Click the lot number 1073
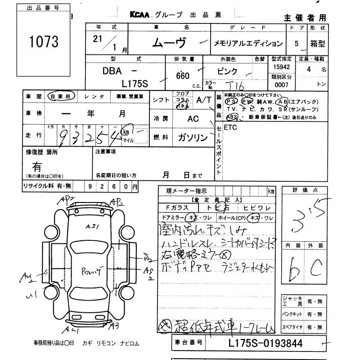tap(44, 42)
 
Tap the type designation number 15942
tap(281, 67)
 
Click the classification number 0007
tap(281, 85)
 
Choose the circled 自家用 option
tap(60, 96)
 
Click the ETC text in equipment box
tap(230, 127)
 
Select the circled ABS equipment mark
tap(232, 117)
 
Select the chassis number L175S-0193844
tap(266, 343)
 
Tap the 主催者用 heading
tap(305, 18)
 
